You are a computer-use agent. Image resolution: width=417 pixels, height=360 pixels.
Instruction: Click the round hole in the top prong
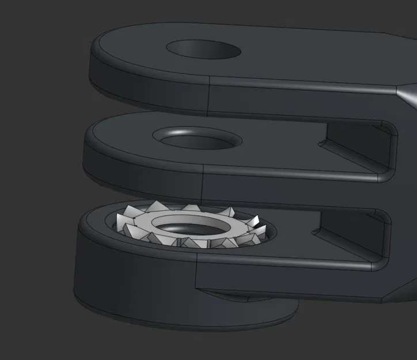click(203, 50)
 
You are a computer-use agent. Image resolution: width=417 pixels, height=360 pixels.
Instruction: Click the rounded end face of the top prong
click(144, 86)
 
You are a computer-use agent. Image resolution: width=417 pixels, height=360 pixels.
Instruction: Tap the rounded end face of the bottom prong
click(132, 276)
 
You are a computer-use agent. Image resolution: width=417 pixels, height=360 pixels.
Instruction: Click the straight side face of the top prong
click(300, 100)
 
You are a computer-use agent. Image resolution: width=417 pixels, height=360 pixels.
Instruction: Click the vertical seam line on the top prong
click(208, 95)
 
